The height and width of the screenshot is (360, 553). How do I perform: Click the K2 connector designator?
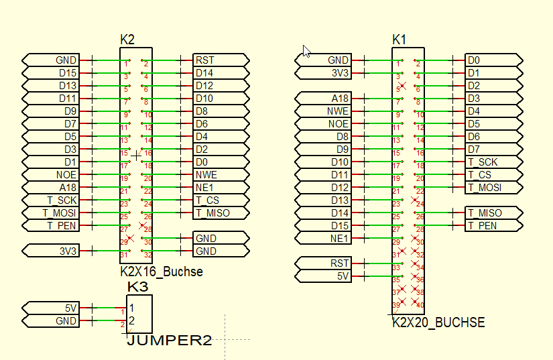coord(127,40)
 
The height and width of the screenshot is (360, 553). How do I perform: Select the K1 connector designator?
coord(400,40)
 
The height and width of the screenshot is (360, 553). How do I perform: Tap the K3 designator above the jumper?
coord(137,287)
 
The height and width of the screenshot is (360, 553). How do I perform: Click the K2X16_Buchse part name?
coord(161,272)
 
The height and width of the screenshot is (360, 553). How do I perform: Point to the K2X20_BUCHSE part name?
coord(438,322)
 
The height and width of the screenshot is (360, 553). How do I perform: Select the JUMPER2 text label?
coord(169,341)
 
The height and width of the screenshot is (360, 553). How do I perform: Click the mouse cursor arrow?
coord(306,50)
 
